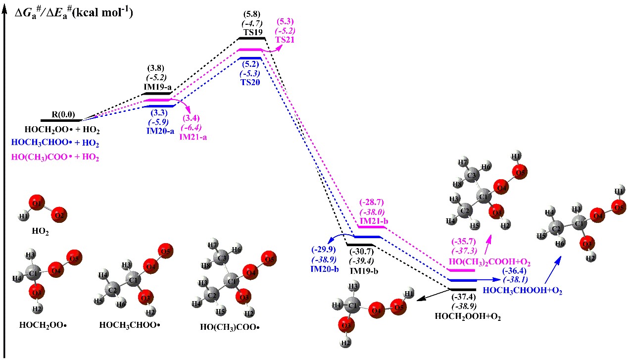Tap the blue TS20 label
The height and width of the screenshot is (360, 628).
click(x=251, y=82)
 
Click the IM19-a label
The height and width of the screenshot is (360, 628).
click(x=158, y=87)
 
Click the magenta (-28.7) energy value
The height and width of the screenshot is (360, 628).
click(x=370, y=203)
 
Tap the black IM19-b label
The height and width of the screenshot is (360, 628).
click(x=363, y=271)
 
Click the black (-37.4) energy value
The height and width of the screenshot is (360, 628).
click(x=463, y=298)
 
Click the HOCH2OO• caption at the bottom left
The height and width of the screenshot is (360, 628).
click(x=43, y=326)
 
